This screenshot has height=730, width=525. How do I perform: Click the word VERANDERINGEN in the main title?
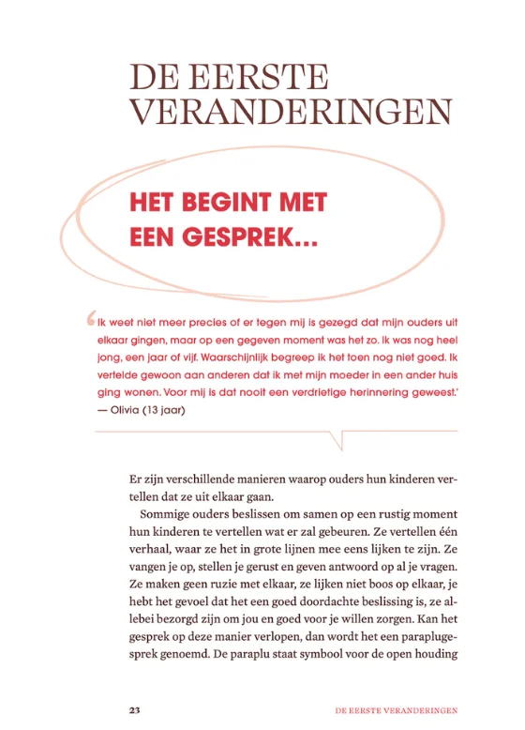tap(291, 111)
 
